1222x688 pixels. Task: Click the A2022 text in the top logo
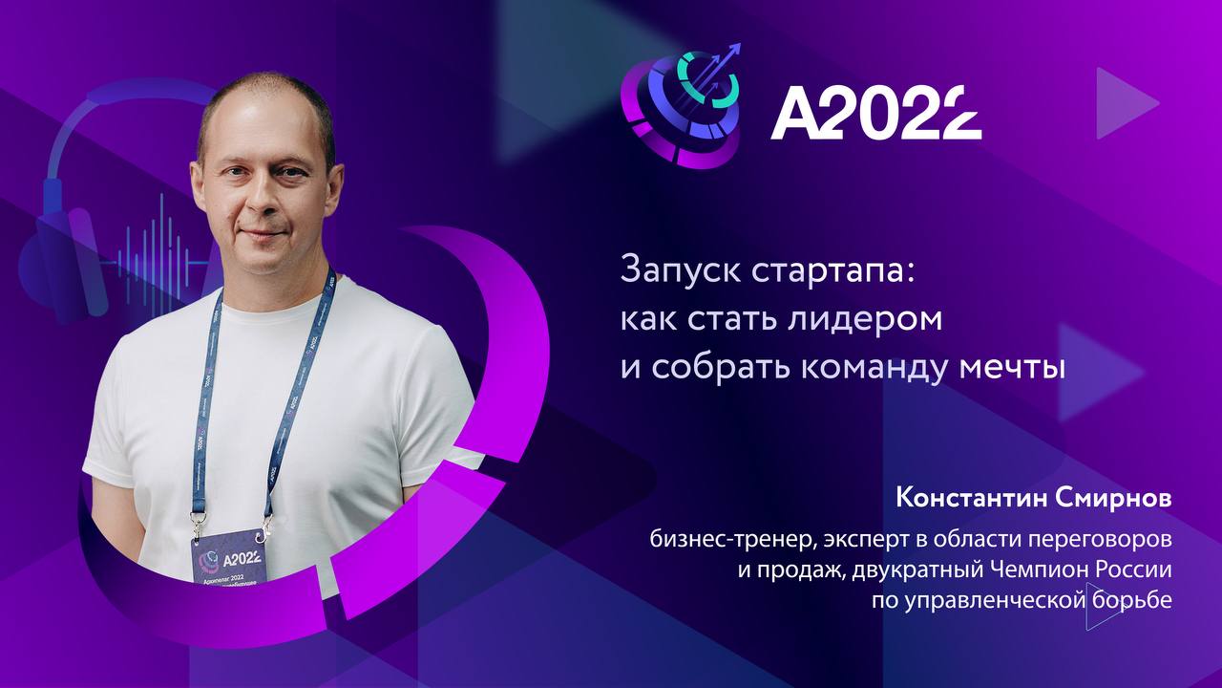pyautogui.click(x=875, y=113)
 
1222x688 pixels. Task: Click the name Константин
pyautogui.click(x=963, y=499)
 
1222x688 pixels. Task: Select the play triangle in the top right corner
pyautogui.click(x=1125, y=103)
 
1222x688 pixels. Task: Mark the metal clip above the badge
pyautogui.click(x=198, y=524)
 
